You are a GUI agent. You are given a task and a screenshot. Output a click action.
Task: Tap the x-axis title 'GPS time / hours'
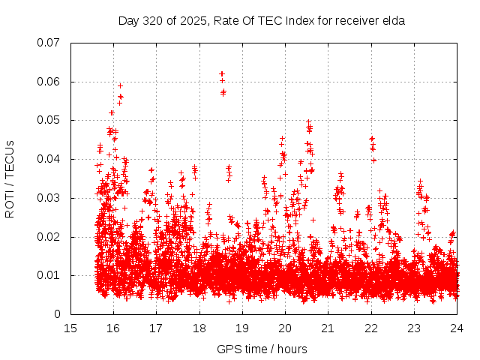262,349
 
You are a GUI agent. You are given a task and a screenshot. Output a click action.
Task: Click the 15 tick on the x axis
70,328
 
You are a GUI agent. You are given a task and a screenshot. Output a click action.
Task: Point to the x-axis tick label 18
199,328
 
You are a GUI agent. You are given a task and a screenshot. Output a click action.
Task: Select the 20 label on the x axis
285,328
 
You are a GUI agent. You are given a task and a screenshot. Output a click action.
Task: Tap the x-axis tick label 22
371,328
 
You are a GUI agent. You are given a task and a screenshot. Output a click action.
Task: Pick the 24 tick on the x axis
457,328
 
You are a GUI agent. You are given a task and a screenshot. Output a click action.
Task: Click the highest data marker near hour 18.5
222,73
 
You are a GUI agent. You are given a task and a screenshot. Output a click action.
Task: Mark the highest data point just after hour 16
120,85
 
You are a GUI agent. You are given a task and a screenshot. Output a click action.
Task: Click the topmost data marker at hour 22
372,139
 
